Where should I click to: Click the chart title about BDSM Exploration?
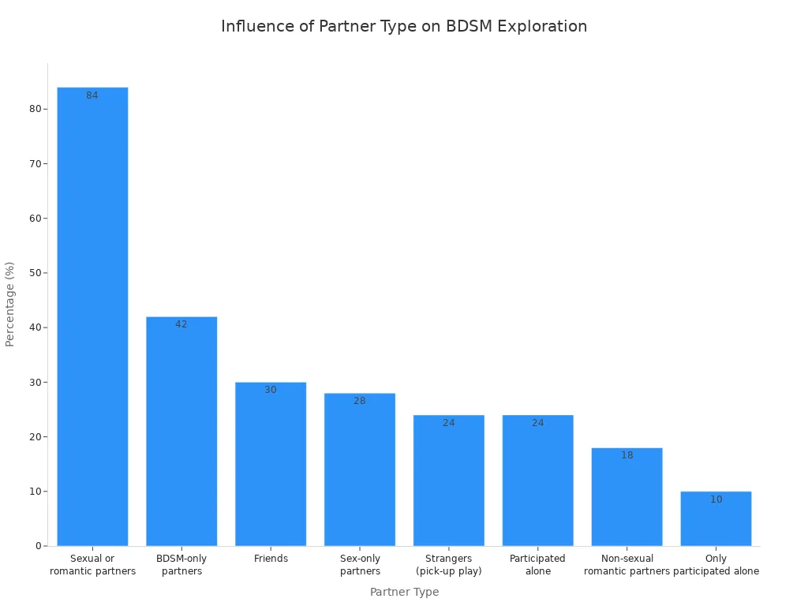coord(404,26)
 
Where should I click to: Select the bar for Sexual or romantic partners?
coord(92,316)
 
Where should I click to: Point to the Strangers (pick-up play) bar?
coord(449,481)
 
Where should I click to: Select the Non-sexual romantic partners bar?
coord(627,497)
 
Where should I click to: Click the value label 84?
coord(92,95)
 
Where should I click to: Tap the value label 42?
coord(181,324)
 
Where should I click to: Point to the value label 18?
coord(627,455)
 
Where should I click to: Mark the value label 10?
coord(716,499)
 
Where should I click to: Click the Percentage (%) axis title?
coord(10,304)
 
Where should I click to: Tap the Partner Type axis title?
coord(404,592)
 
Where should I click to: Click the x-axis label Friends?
coord(271,559)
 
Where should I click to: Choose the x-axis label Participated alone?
coord(537,565)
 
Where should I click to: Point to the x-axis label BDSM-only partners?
coord(181,565)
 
